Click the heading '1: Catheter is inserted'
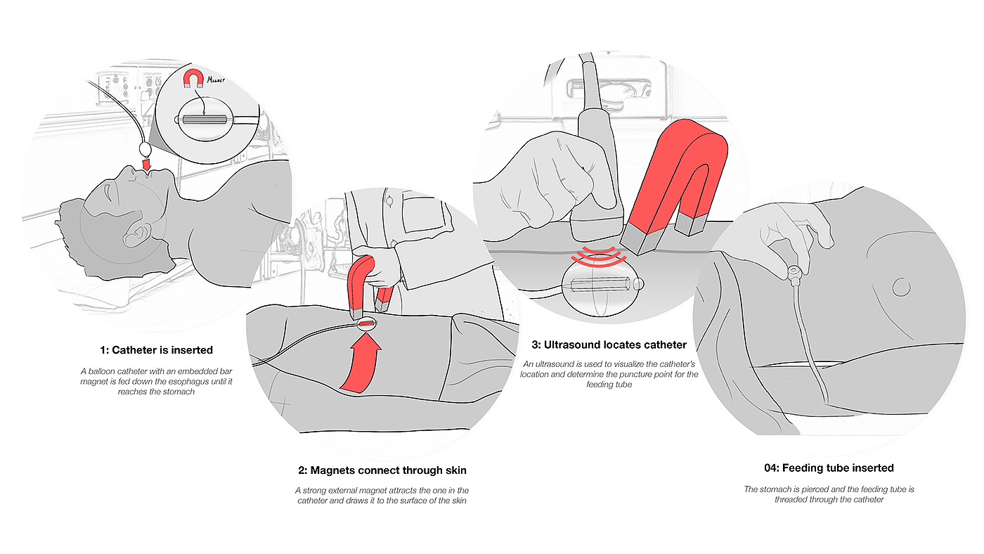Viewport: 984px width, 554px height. (156, 349)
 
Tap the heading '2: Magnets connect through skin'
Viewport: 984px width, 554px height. (382, 470)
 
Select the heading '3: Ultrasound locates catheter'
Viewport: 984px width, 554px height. (609, 344)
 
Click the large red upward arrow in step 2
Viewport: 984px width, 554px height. (363, 362)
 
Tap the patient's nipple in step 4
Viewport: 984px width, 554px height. (900, 286)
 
